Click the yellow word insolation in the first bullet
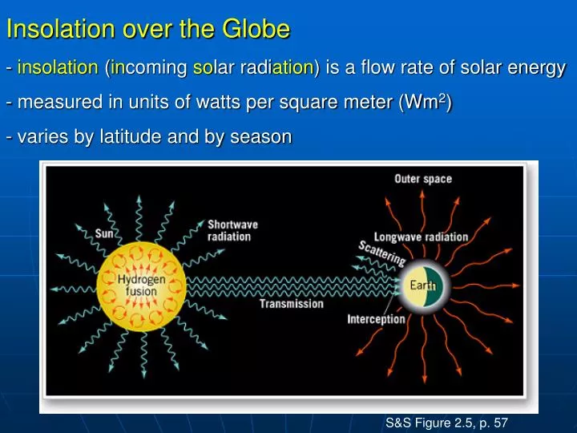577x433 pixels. click(x=57, y=68)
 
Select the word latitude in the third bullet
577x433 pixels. click(x=127, y=137)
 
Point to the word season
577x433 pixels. click(x=260, y=137)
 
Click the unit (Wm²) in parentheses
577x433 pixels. click(x=426, y=103)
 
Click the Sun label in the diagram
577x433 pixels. click(x=104, y=234)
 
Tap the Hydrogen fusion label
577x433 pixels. click(x=141, y=285)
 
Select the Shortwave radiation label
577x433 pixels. click(x=232, y=230)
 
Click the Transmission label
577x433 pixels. click(x=291, y=304)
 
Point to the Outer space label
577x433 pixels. click(x=422, y=179)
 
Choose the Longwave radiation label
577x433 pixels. click(x=421, y=237)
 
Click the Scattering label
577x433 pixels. click(x=381, y=253)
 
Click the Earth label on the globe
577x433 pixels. click(x=422, y=285)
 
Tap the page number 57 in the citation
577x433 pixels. click(x=499, y=422)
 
